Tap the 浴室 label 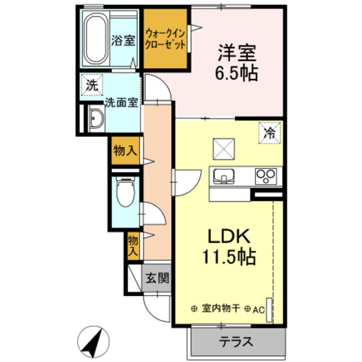123,40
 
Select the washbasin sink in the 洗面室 95,119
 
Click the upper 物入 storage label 124,151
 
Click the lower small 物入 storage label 132,244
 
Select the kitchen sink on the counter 225,176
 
